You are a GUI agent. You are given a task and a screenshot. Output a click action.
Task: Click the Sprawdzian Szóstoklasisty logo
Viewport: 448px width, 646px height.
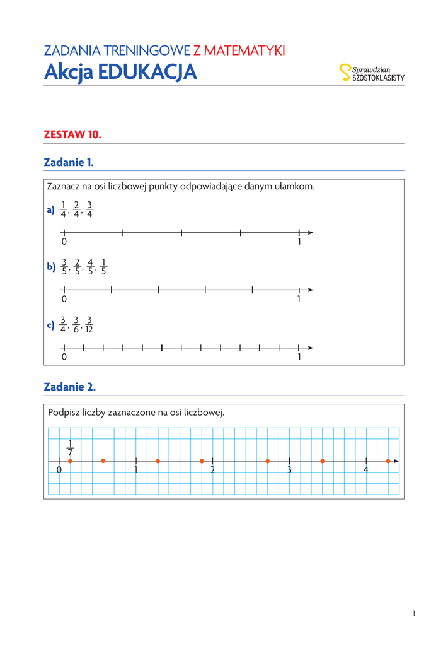tap(372, 73)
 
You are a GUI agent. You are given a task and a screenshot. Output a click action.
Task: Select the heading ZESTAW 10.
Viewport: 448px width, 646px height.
tap(72, 134)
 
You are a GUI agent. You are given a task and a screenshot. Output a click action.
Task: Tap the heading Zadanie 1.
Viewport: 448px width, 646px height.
tap(69, 162)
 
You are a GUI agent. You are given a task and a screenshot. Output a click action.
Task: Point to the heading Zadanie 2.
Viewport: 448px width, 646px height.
tap(69, 386)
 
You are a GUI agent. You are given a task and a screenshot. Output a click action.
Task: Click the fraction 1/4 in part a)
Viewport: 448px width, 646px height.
tap(63, 209)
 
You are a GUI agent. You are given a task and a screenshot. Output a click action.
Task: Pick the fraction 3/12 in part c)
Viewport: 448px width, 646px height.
tap(89, 325)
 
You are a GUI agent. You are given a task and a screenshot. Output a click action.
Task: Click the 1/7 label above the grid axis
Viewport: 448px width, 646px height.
tap(70, 448)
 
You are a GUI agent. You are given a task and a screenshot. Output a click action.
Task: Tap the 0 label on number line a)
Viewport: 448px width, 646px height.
tap(64, 242)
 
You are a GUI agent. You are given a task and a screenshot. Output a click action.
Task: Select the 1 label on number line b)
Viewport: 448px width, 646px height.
tap(299, 300)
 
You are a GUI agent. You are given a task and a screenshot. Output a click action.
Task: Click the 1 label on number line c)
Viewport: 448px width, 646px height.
tap(299, 357)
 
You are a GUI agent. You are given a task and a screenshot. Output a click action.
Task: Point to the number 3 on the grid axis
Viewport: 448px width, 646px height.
tap(289, 471)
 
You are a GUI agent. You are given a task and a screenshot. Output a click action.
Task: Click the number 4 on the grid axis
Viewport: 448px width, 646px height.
tap(366, 471)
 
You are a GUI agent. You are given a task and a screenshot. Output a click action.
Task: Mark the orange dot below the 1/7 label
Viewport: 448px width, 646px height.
tap(70, 461)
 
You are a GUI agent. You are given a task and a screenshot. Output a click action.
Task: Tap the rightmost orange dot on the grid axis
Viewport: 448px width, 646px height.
tap(388, 461)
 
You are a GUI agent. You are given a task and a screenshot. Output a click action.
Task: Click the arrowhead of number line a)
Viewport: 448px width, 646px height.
tap(310, 233)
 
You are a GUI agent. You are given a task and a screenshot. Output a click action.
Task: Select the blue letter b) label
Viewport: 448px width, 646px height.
tap(51, 267)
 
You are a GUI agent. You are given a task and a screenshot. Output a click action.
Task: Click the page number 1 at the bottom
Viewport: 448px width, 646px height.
tap(414, 613)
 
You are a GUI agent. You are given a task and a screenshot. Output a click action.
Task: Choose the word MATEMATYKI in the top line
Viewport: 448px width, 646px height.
tap(249, 50)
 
